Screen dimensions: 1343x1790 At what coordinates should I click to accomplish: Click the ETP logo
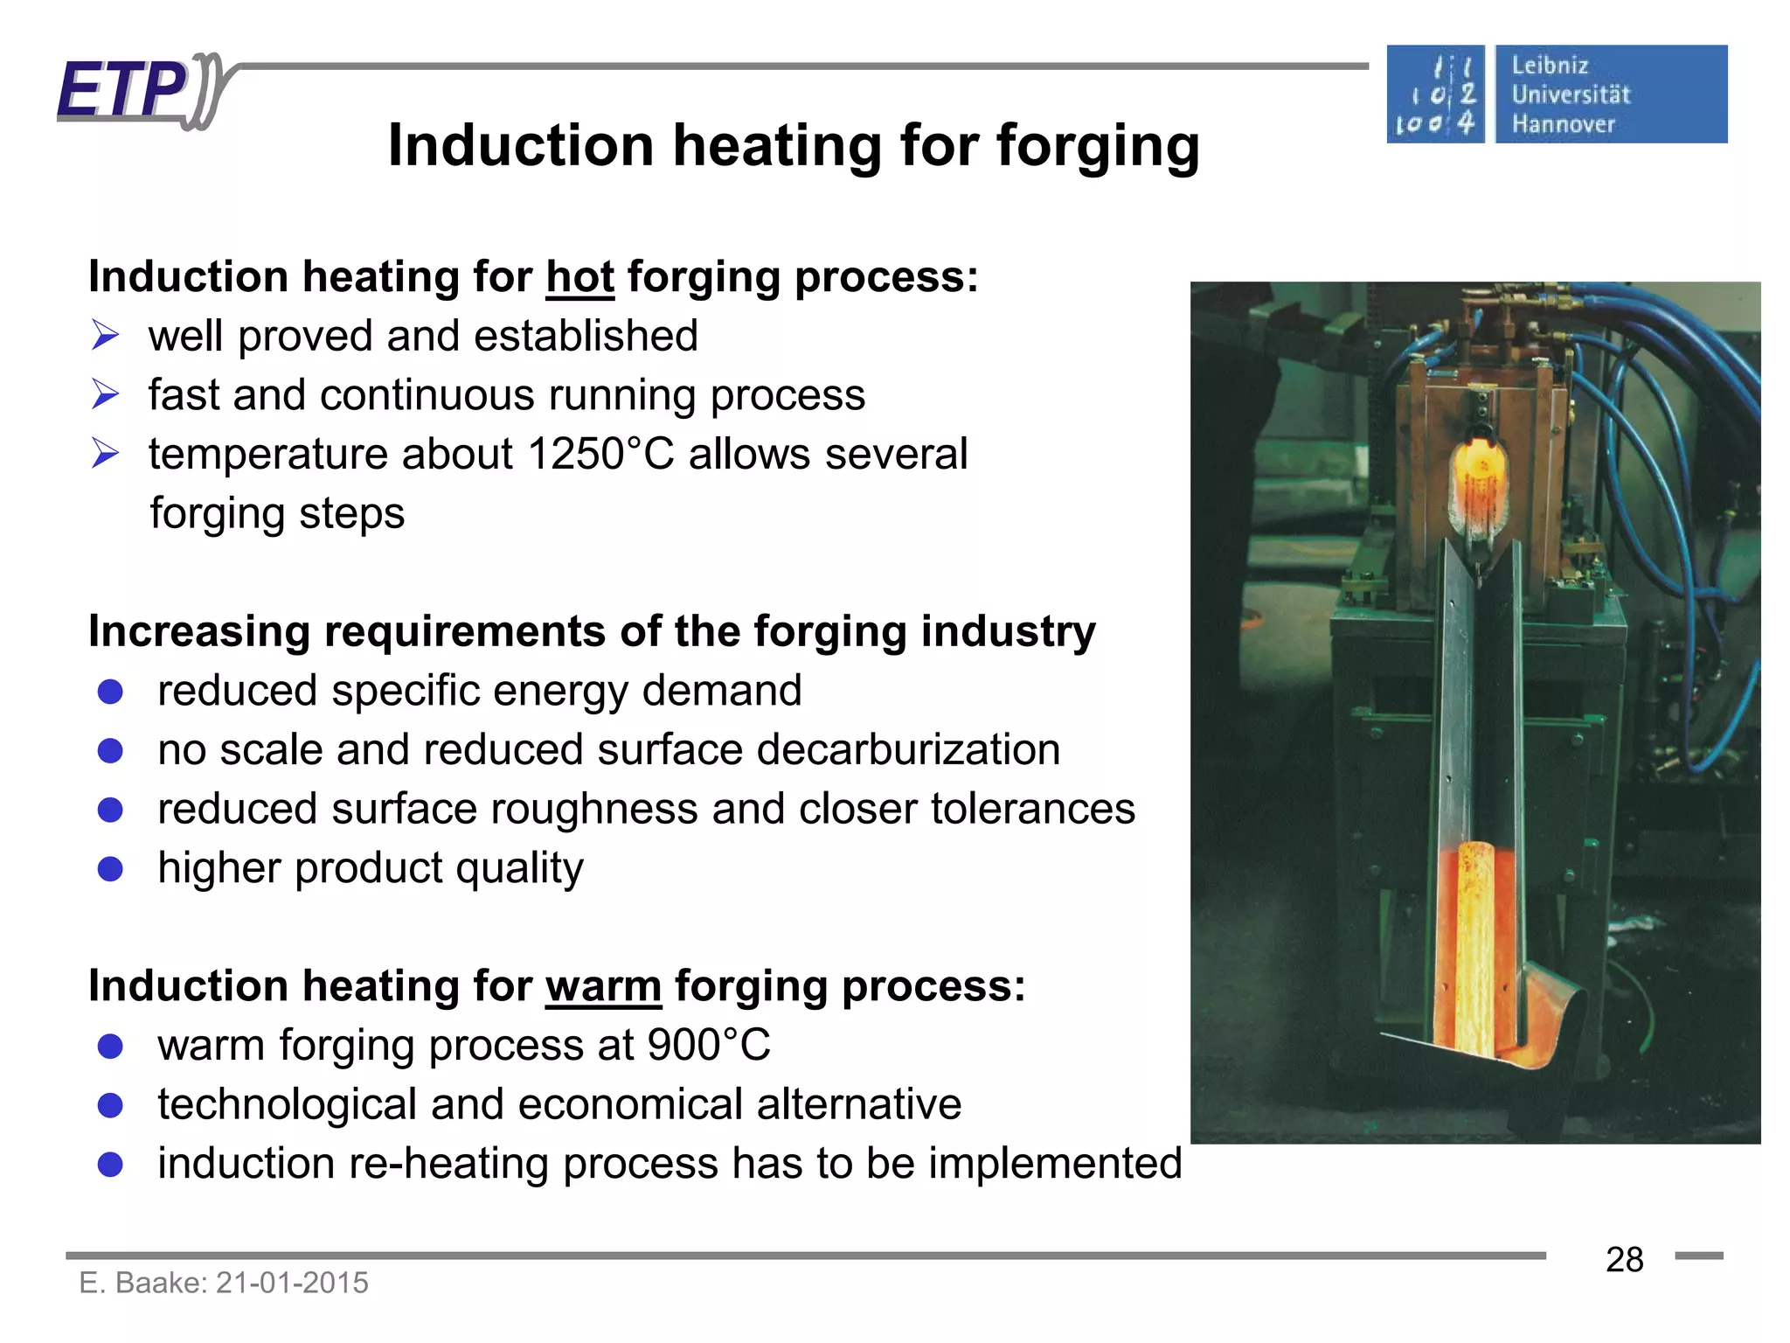pos(140,89)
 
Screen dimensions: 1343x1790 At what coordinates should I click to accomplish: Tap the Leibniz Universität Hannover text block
pos(1571,94)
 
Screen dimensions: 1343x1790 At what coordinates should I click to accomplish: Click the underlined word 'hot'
pos(579,277)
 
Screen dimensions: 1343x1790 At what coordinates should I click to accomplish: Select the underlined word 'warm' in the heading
pos(603,986)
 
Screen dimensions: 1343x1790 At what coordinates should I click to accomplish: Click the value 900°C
pos(709,1045)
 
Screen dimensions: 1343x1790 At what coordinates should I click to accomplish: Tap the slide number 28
pos(1624,1260)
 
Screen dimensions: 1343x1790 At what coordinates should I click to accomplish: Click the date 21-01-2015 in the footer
pos(292,1283)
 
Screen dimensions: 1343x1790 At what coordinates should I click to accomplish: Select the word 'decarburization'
pos(909,750)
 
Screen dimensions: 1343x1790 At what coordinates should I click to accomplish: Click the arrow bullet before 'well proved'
pos(105,336)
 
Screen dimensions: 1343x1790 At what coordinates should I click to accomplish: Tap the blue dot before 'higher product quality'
pos(110,869)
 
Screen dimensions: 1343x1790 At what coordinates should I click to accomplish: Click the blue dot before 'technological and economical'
pos(110,1105)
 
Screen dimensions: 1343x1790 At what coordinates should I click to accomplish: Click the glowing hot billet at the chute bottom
pos(1475,944)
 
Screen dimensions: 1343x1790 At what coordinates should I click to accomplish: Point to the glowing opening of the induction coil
pos(1478,477)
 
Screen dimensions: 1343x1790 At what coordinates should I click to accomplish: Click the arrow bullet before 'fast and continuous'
pos(105,395)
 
